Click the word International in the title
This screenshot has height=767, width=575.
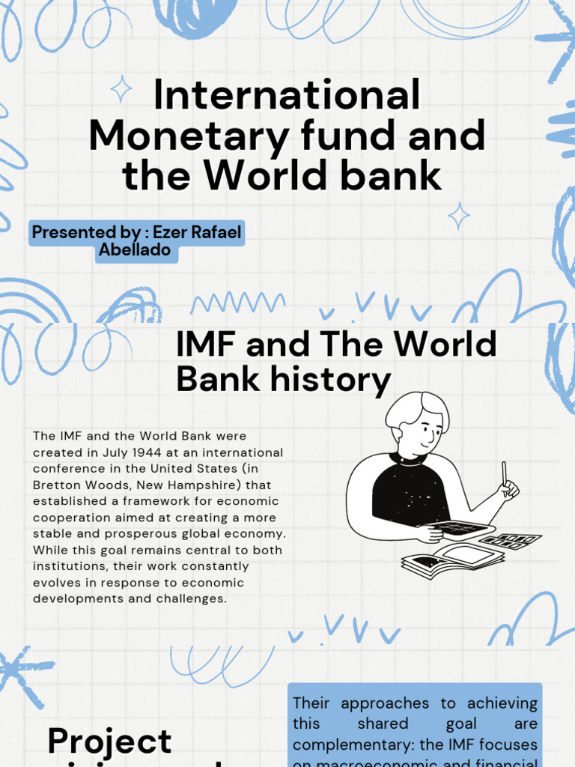tap(287, 97)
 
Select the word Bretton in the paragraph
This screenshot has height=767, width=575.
tap(56, 485)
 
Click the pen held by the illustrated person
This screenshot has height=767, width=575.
tap(505, 473)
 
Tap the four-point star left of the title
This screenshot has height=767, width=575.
tap(121, 89)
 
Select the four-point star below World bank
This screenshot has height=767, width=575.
tap(459, 216)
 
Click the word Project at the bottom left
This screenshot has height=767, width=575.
tap(109, 742)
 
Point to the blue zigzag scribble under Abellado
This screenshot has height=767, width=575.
tap(237, 303)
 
